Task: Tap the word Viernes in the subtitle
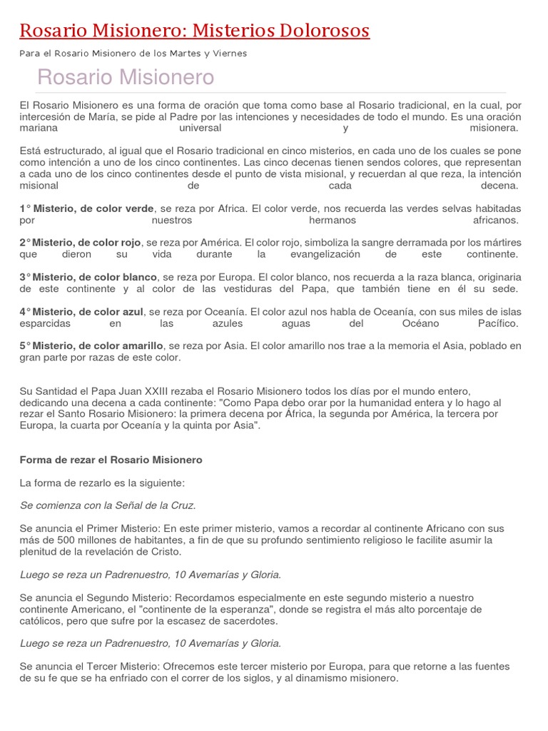click(230, 53)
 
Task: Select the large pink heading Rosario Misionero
click(126, 77)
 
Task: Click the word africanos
click(497, 221)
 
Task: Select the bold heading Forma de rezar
click(111, 460)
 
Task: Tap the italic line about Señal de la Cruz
click(108, 505)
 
